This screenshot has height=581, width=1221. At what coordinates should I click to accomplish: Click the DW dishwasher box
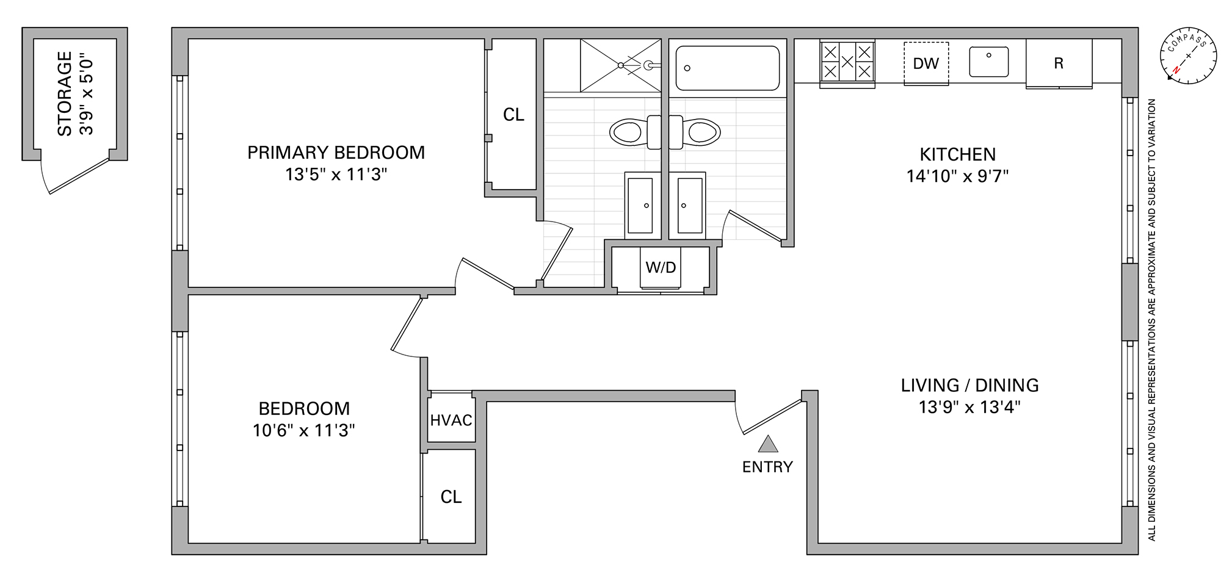[926, 63]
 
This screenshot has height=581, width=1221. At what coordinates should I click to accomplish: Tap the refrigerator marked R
[1059, 63]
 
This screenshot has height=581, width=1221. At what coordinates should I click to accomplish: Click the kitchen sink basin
[988, 62]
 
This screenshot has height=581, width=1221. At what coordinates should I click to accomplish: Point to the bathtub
[727, 68]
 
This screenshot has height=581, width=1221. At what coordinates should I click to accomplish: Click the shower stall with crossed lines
[620, 65]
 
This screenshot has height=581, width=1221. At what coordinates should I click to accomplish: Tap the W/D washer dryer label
[661, 267]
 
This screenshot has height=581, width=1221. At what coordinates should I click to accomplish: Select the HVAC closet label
[451, 420]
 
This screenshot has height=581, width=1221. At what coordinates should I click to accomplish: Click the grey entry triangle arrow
[767, 444]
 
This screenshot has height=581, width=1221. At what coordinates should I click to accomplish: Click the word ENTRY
[767, 467]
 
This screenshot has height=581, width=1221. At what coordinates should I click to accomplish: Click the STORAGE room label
[65, 93]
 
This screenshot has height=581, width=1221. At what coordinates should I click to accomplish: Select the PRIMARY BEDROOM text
[336, 153]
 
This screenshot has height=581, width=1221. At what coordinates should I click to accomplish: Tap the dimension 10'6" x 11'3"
[303, 431]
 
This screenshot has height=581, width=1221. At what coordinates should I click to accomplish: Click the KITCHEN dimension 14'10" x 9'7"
[957, 176]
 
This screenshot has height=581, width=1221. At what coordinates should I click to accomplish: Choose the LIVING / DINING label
[969, 385]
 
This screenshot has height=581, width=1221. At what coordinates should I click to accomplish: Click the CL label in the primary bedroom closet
[513, 115]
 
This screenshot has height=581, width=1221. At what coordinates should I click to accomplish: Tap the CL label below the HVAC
[451, 497]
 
